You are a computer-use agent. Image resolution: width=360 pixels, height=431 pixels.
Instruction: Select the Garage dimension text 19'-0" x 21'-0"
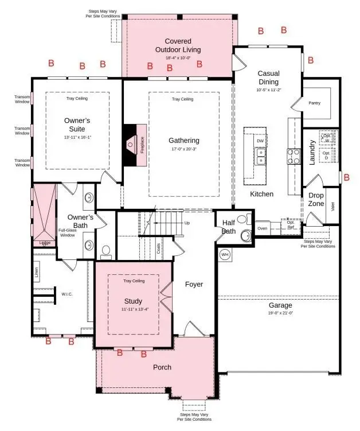point(281,313)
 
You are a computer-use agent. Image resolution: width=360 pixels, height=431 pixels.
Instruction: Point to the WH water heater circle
point(225,254)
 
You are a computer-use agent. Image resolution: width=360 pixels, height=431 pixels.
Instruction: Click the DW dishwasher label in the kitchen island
point(260,141)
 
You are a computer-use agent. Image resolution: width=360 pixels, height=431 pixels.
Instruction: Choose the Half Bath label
point(228,227)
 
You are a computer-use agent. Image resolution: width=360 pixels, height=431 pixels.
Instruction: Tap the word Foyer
point(194,284)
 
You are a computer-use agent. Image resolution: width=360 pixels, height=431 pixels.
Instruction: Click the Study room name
point(133,301)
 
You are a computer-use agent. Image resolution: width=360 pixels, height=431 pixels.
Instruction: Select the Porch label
point(162,367)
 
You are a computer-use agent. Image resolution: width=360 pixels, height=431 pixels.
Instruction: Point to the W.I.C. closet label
point(66,296)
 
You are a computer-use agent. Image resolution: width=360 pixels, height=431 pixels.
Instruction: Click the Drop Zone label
point(316,199)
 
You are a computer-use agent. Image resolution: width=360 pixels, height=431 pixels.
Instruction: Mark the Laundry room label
point(312,153)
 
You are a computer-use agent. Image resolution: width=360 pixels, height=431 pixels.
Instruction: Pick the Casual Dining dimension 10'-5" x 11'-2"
point(268,90)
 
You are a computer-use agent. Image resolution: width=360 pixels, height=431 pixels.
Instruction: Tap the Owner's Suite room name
point(78,125)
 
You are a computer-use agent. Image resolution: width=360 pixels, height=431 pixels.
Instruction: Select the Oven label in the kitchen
point(262,228)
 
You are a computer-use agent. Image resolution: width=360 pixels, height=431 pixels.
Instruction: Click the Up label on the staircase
point(186,223)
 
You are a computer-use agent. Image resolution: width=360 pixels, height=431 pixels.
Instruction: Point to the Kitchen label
point(261,194)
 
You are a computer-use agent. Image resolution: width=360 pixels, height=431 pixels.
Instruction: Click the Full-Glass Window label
point(67,233)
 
